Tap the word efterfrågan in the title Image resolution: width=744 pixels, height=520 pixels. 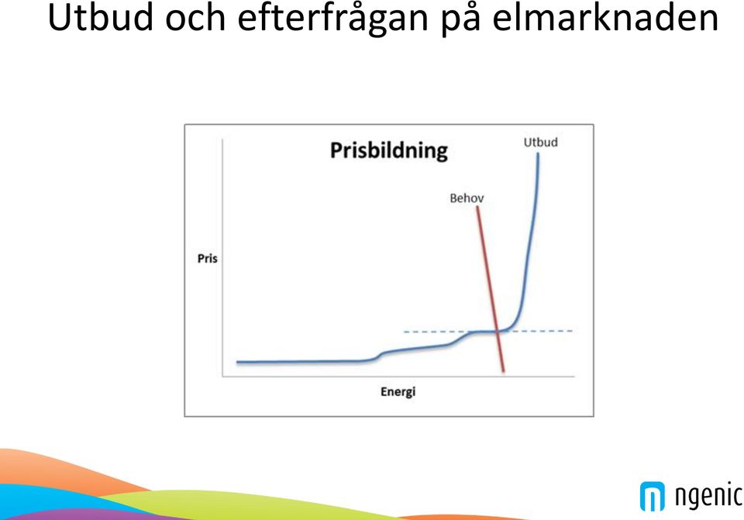pos(333,18)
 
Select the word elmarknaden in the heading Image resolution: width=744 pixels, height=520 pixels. pos(605,17)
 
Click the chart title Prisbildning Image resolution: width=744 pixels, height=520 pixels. pos(388,150)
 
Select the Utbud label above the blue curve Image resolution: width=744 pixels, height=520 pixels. pos(540,143)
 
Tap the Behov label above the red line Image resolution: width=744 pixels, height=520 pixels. pos(467,198)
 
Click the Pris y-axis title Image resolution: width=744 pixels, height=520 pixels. pos(208,259)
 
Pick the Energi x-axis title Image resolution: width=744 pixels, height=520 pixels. pos(398,391)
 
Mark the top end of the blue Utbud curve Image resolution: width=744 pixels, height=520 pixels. pos(538,153)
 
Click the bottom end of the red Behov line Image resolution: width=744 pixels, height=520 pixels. pos(504,372)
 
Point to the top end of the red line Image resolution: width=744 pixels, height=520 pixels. pos(477,207)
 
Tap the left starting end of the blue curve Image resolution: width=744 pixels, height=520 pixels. pos(237,362)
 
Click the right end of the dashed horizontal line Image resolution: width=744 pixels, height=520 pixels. pos(573,331)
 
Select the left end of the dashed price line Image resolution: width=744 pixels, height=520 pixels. pos(405,332)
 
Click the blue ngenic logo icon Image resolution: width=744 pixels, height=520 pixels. pos(653,496)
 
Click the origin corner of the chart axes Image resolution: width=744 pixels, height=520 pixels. pos(222,377)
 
